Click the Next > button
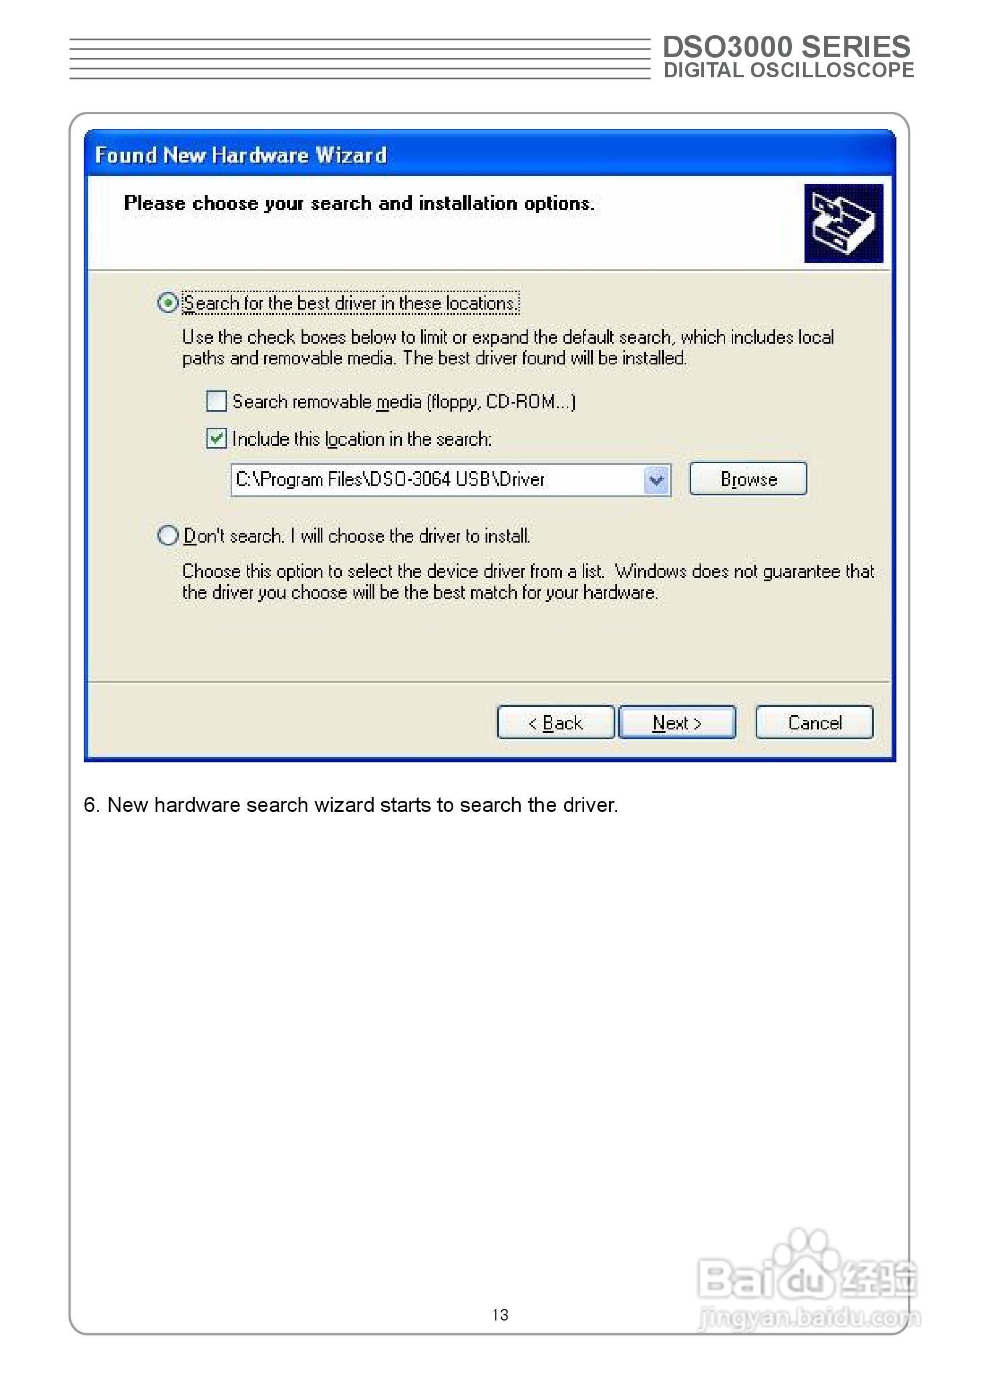676,723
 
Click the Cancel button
814,723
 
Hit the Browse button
748,479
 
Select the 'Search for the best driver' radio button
168,302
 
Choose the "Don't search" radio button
168,535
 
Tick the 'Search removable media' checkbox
216,401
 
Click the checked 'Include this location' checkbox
216,438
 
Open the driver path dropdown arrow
657,480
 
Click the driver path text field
435,480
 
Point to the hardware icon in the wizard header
843,224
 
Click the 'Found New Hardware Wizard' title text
240,155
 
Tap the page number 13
499,1315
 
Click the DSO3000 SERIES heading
786,47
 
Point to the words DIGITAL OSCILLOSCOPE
788,71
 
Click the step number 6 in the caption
90,805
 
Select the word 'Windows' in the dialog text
651,571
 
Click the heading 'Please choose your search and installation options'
359,204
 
